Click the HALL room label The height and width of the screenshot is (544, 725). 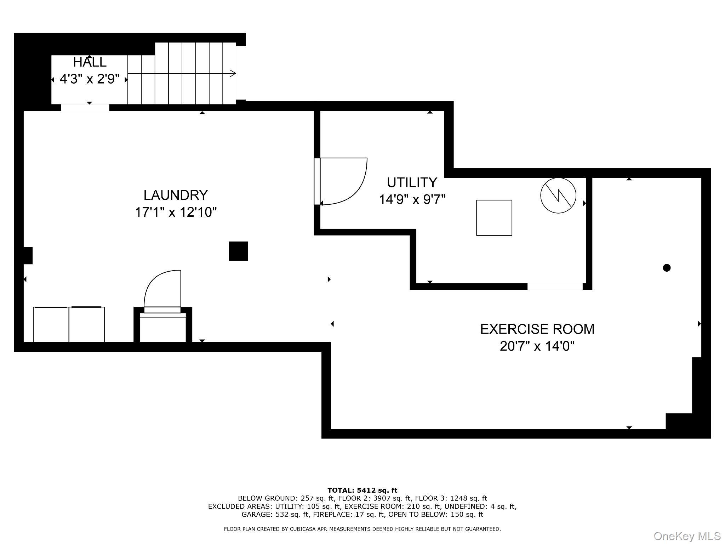pyautogui.click(x=90, y=62)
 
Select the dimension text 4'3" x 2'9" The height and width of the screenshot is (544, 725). pyautogui.click(x=90, y=79)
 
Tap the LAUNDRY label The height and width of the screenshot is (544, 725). pyautogui.click(x=176, y=195)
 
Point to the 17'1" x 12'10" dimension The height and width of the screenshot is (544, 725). pyautogui.click(x=176, y=212)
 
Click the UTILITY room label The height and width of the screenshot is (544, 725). pyautogui.click(x=412, y=183)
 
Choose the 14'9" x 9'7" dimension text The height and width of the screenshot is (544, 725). pyautogui.click(x=412, y=200)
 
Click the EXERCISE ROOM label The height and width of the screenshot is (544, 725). pyautogui.click(x=537, y=329)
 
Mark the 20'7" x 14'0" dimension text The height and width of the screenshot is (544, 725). pyautogui.click(x=537, y=346)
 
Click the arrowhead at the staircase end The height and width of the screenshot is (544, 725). pyautogui.click(x=233, y=74)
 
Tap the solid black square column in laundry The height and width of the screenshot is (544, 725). pyautogui.click(x=238, y=251)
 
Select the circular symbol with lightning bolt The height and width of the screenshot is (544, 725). pyautogui.click(x=558, y=195)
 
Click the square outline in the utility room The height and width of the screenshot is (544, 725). pyautogui.click(x=494, y=218)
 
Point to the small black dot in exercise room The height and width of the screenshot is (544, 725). pyautogui.click(x=667, y=268)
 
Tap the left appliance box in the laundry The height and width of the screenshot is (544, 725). pyautogui.click(x=51, y=324)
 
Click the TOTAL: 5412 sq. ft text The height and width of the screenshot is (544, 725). pyautogui.click(x=362, y=491)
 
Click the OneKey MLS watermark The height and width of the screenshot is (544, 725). pyautogui.click(x=687, y=536)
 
